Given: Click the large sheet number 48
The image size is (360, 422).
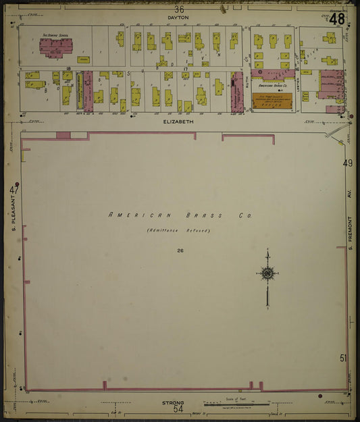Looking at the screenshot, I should (x=336, y=18).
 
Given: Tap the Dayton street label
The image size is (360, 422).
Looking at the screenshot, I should (x=178, y=17).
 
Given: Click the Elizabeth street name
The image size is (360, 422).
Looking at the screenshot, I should (x=179, y=123).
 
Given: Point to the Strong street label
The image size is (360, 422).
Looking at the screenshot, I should (x=173, y=402).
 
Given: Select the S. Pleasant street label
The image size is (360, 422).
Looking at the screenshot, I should (x=14, y=216).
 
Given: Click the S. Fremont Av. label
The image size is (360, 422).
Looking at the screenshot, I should (x=351, y=233).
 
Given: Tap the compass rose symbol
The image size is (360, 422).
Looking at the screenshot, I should (x=267, y=273).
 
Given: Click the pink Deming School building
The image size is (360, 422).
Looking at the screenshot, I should (x=55, y=47).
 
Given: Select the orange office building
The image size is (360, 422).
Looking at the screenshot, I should (x=272, y=101).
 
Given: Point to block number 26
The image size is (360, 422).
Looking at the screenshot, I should (x=180, y=250).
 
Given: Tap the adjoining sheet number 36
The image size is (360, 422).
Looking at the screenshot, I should (x=178, y=9).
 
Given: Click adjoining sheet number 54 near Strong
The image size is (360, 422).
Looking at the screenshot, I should (x=178, y=409).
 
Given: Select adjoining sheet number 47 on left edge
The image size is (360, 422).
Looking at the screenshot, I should (x=14, y=190).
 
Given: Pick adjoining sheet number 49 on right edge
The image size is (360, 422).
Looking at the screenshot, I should (x=348, y=163).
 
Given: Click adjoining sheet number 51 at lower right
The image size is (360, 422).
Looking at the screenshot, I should (x=344, y=358).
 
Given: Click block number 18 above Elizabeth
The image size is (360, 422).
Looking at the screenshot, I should (x=68, y=68).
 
